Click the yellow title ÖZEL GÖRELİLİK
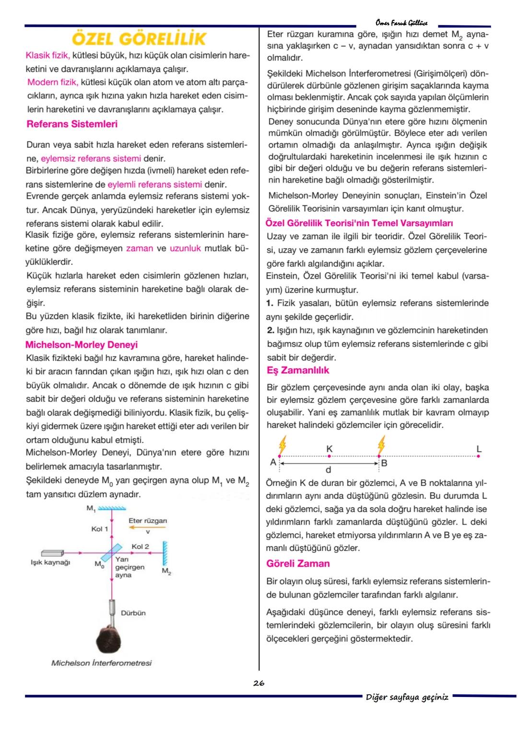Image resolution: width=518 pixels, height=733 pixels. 139,38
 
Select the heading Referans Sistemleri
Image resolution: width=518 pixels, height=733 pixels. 72,124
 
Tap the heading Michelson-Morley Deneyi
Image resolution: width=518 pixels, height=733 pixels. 81,345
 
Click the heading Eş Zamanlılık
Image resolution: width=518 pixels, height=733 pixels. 298,371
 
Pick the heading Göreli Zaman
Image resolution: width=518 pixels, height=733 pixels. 298,564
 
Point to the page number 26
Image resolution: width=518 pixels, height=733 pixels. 259,683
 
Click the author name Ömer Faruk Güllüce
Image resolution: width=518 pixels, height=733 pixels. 401,23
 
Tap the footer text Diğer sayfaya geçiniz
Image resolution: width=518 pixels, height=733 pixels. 407,697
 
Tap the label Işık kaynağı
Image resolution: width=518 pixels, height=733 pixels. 50,563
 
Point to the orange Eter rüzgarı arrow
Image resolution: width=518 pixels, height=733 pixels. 147,527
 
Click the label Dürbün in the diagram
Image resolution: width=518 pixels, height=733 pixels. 133,613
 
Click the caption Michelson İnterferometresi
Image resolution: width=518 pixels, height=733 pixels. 101,663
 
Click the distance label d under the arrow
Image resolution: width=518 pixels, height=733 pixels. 329,469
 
